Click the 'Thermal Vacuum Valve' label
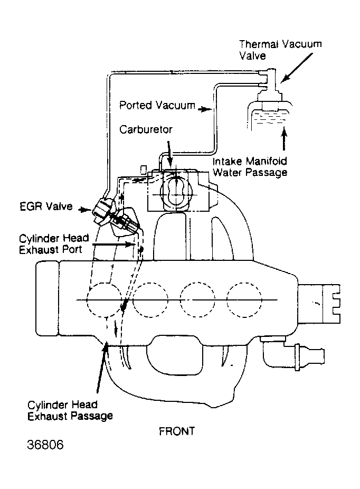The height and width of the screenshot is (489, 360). click(280, 49)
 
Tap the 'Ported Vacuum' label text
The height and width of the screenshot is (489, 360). click(157, 105)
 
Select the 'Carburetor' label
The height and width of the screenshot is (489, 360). click(146, 129)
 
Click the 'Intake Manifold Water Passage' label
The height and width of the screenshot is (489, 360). click(250, 167)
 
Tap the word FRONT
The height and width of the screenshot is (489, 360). click(177, 431)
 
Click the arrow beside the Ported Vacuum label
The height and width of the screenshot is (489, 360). click(204, 107)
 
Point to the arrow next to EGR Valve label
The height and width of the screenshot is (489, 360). click(84, 209)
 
